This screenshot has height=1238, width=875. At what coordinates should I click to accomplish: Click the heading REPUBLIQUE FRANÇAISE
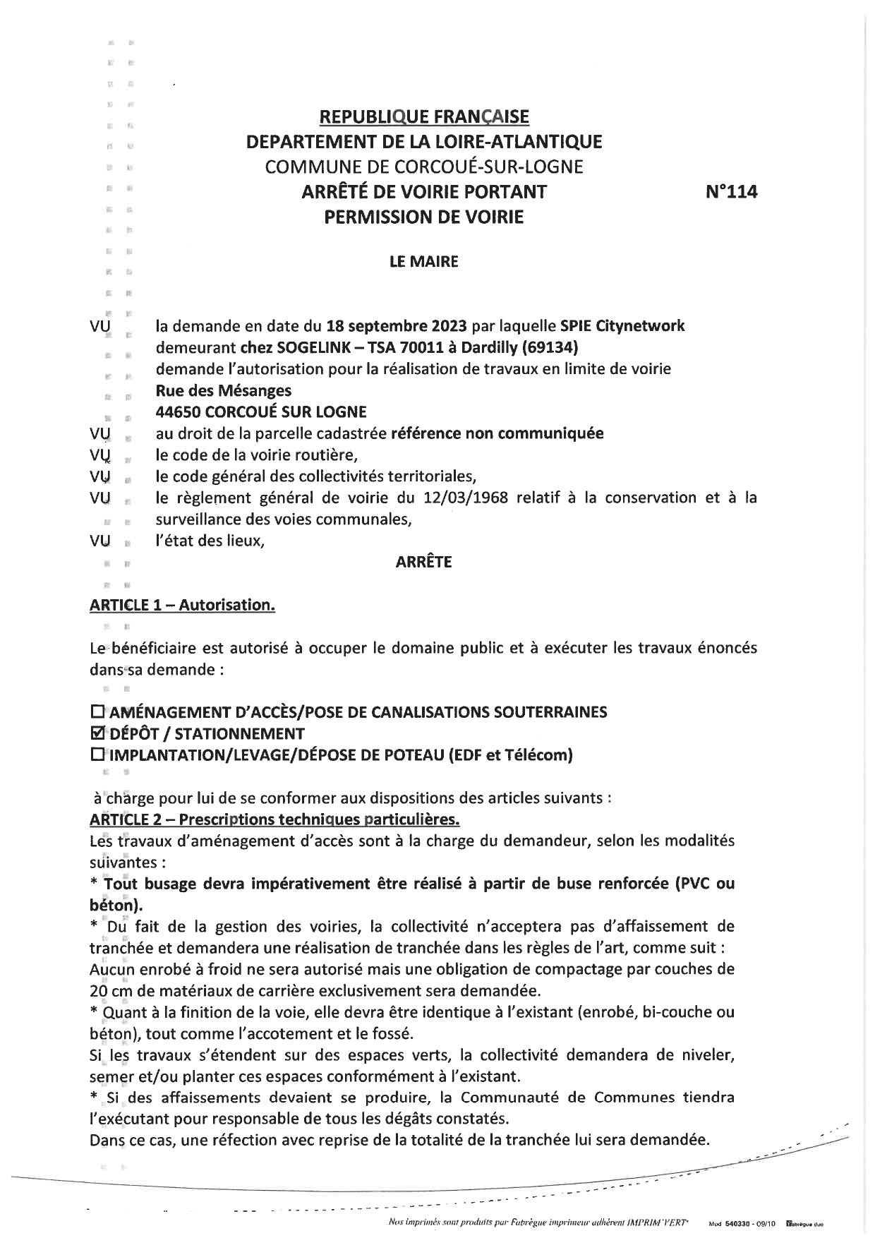(x=423, y=116)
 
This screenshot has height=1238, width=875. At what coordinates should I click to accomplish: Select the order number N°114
(x=731, y=192)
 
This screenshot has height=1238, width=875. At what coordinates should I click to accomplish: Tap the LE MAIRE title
(x=423, y=262)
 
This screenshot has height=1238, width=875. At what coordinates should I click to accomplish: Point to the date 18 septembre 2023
(x=397, y=326)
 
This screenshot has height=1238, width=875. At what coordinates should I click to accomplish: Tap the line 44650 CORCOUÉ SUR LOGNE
(x=261, y=411)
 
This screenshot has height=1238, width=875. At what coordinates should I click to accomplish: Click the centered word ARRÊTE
(x=423, y=562)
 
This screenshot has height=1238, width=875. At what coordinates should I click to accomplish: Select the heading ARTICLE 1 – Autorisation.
(x=182, y=605)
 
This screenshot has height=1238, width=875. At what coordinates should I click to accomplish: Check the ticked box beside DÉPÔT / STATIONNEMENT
(x=98, y=733)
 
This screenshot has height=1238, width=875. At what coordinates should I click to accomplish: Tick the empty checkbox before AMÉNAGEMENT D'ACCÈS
(x=98, y=711)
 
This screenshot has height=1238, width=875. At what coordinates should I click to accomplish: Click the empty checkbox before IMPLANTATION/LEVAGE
(x=98, y=755)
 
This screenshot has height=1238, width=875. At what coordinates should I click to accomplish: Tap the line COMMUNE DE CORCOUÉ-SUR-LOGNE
(x=423, y=167)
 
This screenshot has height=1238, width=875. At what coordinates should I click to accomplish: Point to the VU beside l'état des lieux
(x=101, y=541)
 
